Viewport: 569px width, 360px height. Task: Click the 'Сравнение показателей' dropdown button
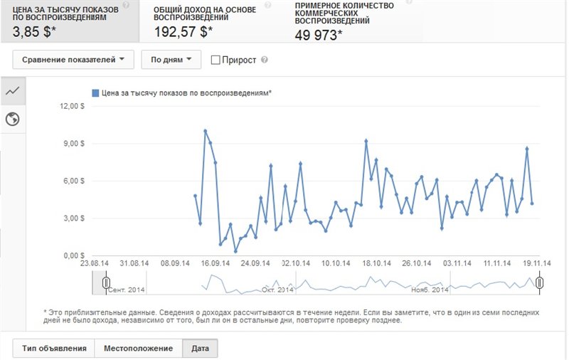click(x=73, y=60)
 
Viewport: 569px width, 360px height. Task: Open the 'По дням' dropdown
click(x=171, y=60)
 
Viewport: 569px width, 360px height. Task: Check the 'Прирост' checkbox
click(x=216, y=60)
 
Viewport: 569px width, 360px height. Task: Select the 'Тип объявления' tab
click(x=53, y=349)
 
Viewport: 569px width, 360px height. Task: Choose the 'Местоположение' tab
click(x=138, y=349)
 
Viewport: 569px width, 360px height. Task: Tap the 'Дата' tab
click(x=200, y=349)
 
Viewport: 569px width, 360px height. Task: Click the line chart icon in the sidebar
click(x=11, y=91)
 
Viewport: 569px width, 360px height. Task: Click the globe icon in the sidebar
click(x=11, y=119)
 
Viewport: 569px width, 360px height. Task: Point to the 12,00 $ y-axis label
click(x=72, y=106)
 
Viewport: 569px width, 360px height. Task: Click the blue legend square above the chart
click(x=95, y=92)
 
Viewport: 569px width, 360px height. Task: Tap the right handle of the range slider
click(x=540, y=283)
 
